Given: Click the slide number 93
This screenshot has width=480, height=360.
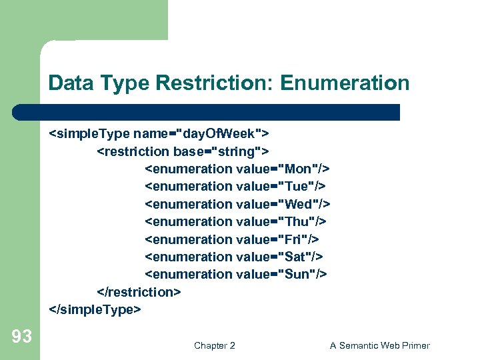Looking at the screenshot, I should pos(22,337).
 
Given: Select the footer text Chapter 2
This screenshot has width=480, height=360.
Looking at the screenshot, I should pos(214,345).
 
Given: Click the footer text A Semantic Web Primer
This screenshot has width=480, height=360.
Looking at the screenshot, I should pos(379,345).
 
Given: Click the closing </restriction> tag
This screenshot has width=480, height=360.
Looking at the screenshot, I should pos(139,292).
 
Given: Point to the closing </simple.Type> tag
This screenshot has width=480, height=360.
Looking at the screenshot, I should pos(95,309).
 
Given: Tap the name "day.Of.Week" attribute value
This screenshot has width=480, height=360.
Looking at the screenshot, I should pos(219,133).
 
